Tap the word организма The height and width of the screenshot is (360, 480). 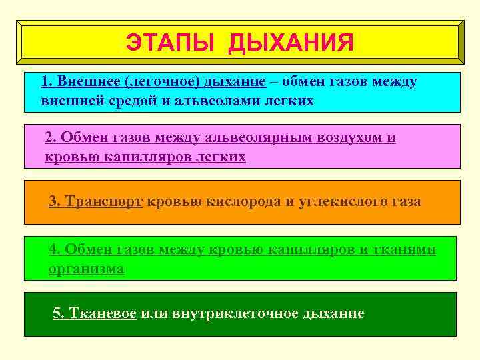87,269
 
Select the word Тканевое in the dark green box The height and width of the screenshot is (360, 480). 104,313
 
